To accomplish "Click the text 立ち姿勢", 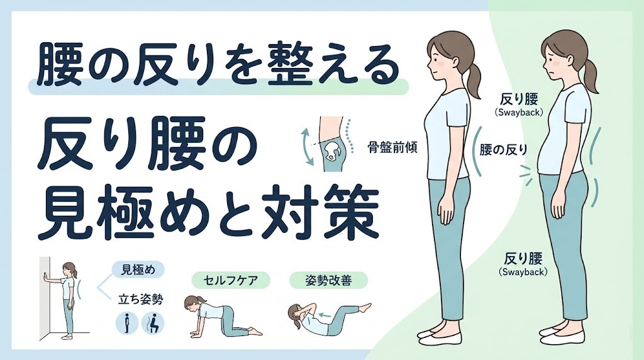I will [140, 299].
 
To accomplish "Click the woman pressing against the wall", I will [66, 296].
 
